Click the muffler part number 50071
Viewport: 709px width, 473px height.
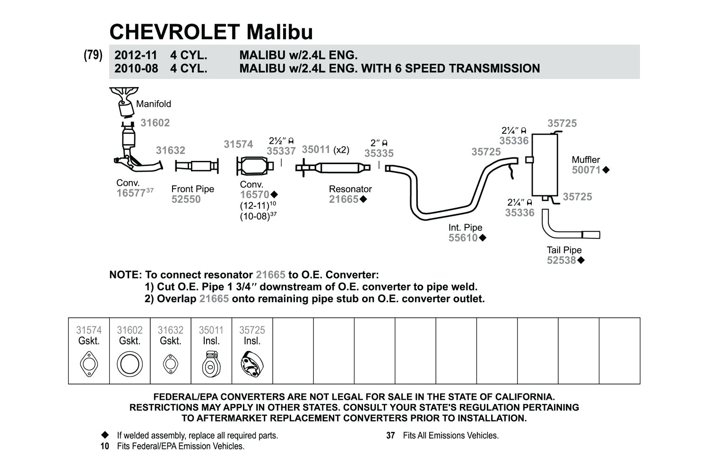[x=586, y=170]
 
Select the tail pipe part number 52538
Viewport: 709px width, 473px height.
[x=561, y=260]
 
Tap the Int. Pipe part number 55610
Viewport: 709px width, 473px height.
[x=463, y=238]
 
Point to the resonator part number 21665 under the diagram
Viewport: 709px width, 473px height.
[x=344, y=199]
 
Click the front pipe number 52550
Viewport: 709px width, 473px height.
[x=186, y=199]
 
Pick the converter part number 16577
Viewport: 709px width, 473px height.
[x=130, y=193]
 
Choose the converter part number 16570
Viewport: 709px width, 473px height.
[x=254, y=194]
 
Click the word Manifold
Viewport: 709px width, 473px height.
[x=154, y=104]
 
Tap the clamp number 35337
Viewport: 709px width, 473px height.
[x=281, y=151]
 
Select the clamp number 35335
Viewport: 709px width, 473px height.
[x=379, y=153]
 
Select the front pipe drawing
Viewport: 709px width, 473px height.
[x=197, y=166]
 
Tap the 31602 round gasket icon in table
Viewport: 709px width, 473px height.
[x=130, y=365]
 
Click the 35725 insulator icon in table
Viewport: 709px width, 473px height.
[x=252, y=365]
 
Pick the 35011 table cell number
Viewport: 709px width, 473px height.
[x=211, y=330]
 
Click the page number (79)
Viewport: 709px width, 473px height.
[x=93, y=55]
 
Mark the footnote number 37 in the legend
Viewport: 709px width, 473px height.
[x=390, y=436]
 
